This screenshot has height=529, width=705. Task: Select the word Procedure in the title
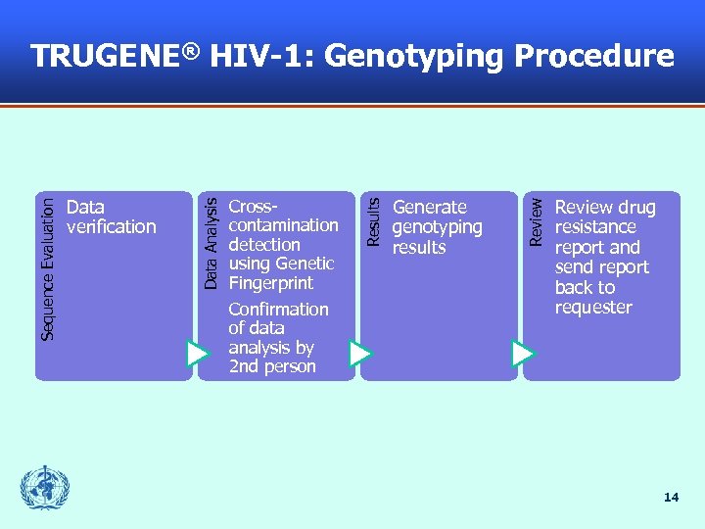pyautogui.click(x=594, y=57)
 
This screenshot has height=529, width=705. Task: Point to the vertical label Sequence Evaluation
pyautogui.click(x=48, y=265)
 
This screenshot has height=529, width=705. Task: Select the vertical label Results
pyautogui.click(x=373, y=220)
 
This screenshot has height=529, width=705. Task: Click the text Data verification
pyautogui.click(x=111, y=216)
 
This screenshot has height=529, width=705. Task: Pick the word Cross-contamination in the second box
pyautogui.click(x=282, y=216)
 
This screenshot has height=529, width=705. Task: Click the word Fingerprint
pyautogui.click(x=270, y=283)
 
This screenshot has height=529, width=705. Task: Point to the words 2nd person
pyautogui.click(x=271, y=366)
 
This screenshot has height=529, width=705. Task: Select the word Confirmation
pyautogui.click(x=278, y=310)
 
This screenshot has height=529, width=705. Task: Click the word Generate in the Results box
pyautogui.click(x=429, y=208)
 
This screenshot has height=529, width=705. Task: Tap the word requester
pyautogui.click(x=593, y=308)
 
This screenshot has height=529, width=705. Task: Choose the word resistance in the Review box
pyautogui.click(x=594, y=227)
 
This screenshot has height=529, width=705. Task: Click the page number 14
pyautogui.click(x=671, y=498)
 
